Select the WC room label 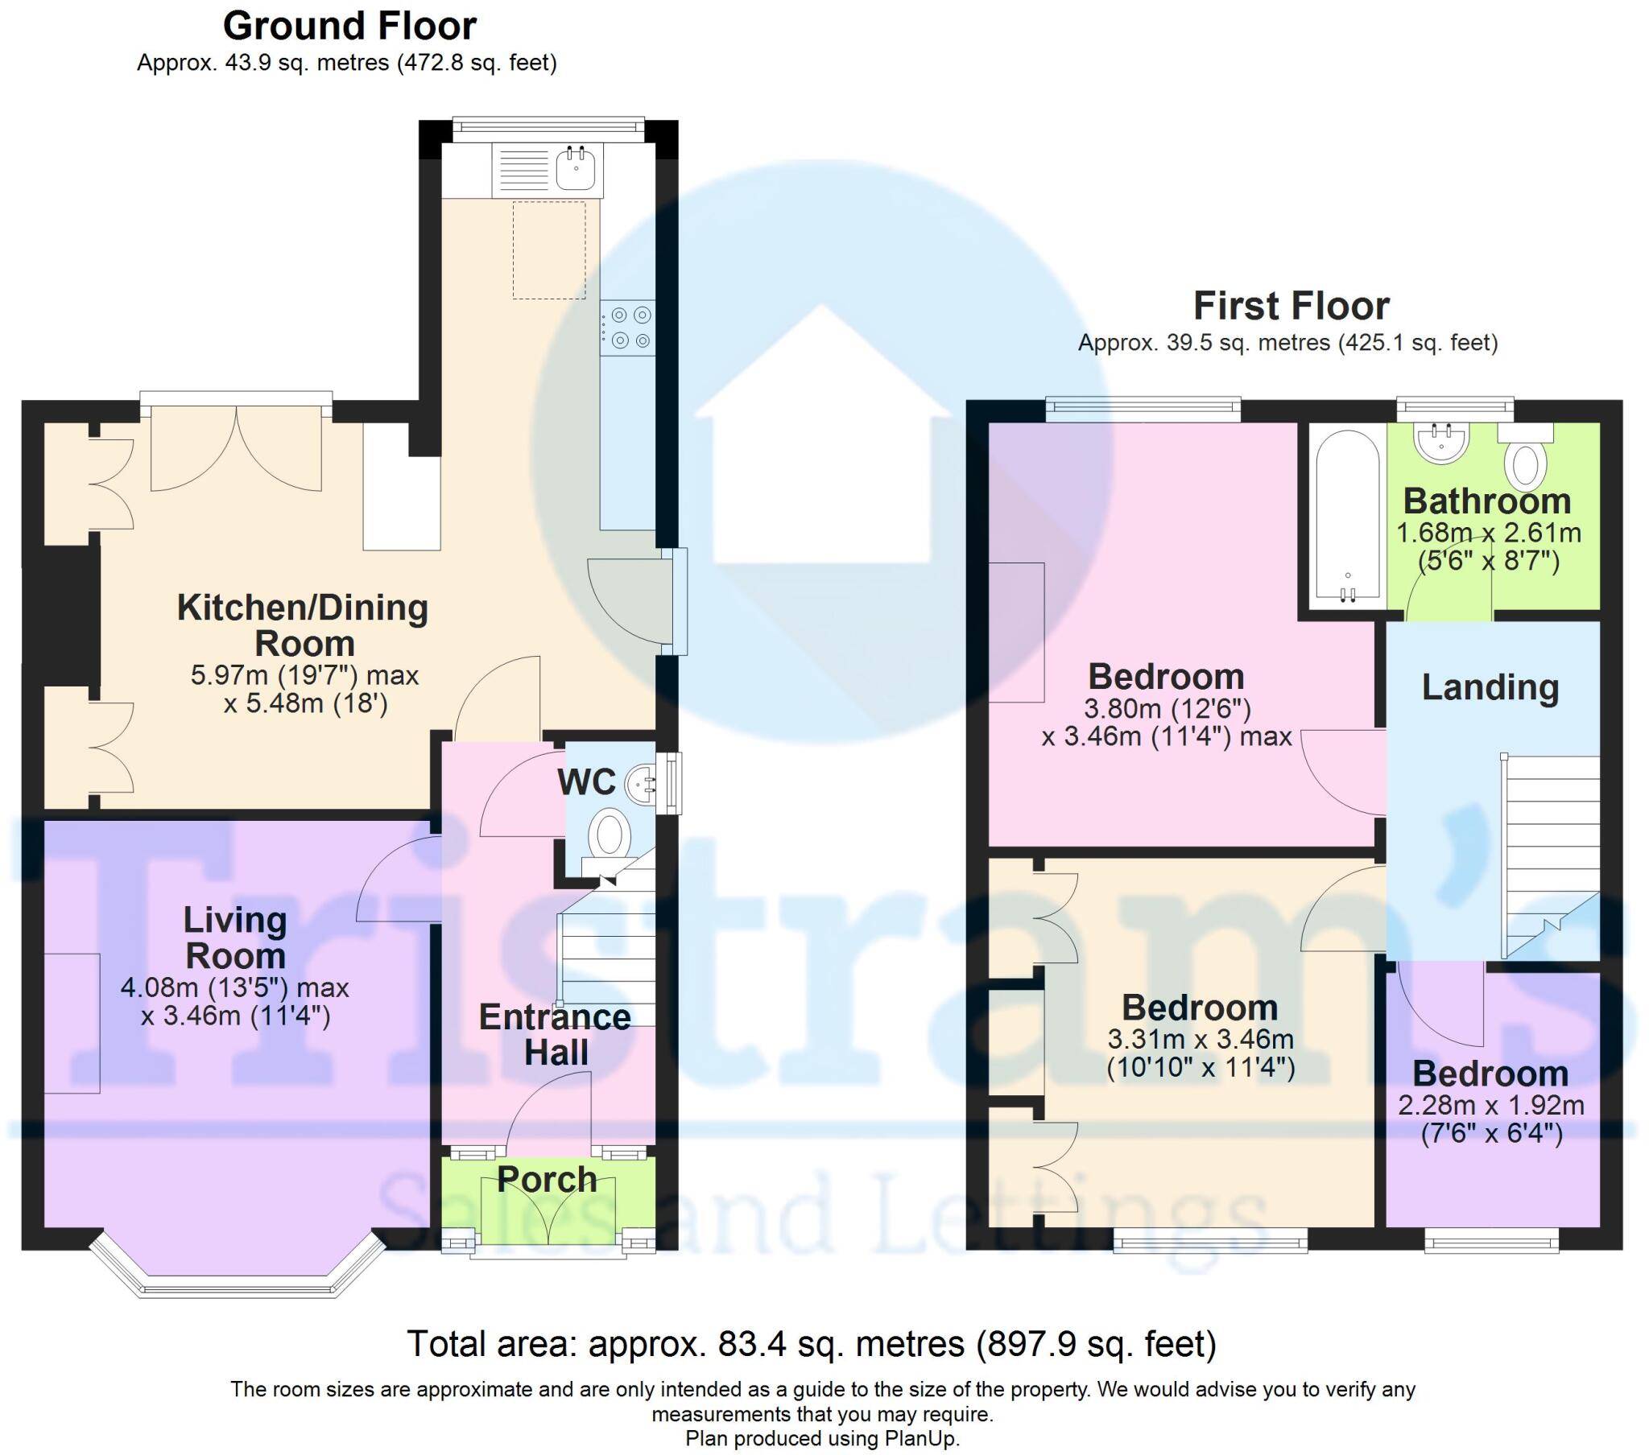pos(586,782)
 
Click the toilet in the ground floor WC pos(610,835)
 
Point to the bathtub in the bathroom pos(1347,516)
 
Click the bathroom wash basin pos(1441,443)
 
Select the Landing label pos(1490,687)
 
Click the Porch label pos(547,1179)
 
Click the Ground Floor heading pos(349,26)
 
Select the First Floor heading pos(1290,307)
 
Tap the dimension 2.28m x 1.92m pos(1490,1105)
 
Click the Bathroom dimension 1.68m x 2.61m pos(1488,533)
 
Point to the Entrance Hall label pos(555,1035)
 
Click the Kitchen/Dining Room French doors pos(237,447)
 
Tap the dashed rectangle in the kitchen pos(549,250)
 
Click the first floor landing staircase pos(1550,855)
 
